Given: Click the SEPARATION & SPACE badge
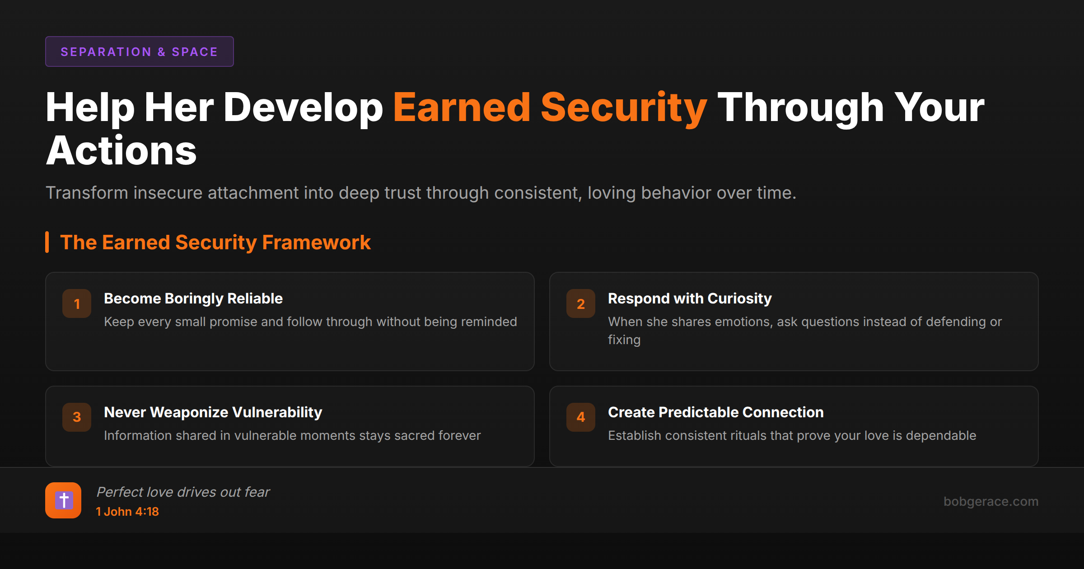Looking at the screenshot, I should click(139, 51).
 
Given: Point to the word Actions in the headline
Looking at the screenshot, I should click(121, 151).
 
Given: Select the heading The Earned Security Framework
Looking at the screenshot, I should click(215, 243).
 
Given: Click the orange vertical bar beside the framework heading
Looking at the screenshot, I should click(47, 243).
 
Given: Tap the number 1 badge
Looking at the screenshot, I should click(77, 303).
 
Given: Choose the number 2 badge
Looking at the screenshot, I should click(581, 303).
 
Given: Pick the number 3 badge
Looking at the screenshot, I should click(77, 417).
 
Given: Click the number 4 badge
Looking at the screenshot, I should click(581, 417).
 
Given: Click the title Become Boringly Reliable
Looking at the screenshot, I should click(193, 298).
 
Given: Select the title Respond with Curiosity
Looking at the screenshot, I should click(690, 298).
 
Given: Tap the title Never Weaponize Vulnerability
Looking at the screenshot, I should click(213, 412).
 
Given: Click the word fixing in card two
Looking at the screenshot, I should click(624, 340).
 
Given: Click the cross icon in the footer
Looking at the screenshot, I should click(63, 500).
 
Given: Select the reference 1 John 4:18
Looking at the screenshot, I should click(127, 512).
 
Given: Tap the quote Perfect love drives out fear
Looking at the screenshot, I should click(183, 492).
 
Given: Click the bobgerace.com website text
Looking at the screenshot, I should click(991, 501).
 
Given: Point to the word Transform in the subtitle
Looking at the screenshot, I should click(87, 193).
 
